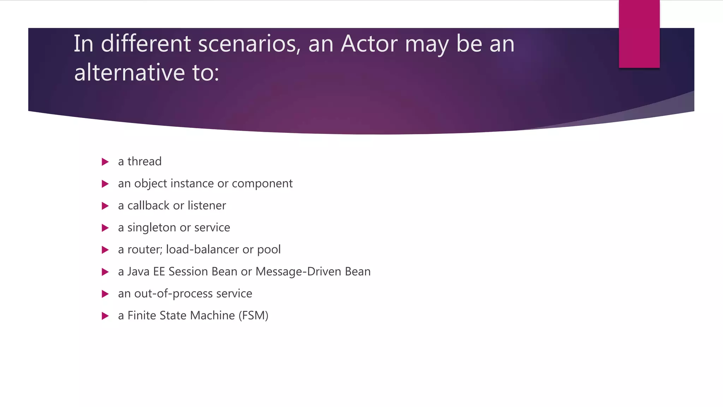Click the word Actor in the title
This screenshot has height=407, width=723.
click(x=369, y=44)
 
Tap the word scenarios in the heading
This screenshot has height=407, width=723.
click(x=249, y=44)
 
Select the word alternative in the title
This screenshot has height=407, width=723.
click(x=130, y=72)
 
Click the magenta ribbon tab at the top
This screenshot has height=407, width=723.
click(x=639, y=34)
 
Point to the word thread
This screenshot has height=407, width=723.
click(x=144, y=161)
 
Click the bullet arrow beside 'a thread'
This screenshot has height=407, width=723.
click(x=105, y=162)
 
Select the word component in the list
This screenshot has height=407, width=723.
click(x=262, y=184)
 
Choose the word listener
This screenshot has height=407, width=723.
click(x=207, y=206)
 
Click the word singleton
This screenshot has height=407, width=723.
click(x=152, y=228)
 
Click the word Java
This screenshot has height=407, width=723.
click(x=138, y=272)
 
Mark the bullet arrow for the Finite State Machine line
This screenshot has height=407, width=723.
click(x=105, y=316)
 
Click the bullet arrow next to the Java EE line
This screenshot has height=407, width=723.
click(x=105, y=272)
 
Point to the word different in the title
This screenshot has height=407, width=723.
click(x=146, y=44)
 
